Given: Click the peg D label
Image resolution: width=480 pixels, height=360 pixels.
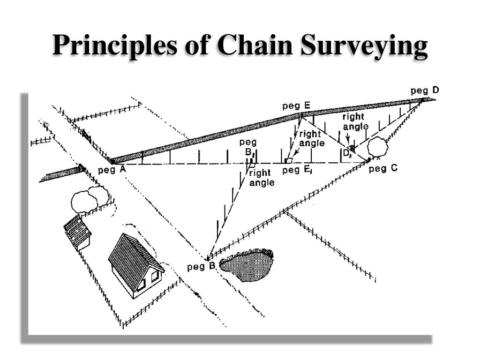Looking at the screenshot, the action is click(425, 90).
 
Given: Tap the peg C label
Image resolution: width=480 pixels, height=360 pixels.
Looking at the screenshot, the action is click(383, 169).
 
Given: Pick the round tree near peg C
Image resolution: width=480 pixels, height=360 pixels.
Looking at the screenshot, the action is click(377, 148).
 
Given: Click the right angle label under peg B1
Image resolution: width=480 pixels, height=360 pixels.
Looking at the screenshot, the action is click(262, 178).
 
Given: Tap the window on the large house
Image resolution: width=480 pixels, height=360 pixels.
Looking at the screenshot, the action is click(155, 276).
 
